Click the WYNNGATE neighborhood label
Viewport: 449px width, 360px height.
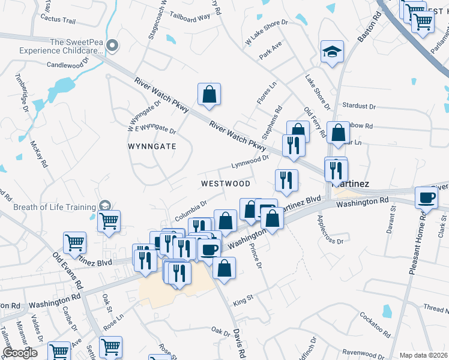click(x=152, y=146)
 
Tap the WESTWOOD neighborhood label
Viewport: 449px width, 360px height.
click(x=225, y=183)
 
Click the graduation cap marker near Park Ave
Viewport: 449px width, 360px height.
click(x=331, y=52)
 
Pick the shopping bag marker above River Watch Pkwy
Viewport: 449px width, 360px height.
click(x=209, y=94)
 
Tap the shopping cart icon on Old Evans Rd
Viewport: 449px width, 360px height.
click(x=74, y=243)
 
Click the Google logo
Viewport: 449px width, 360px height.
click(x=20, y=352)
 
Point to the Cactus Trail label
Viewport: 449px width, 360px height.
click(x=58, y=20)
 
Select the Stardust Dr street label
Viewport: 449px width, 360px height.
click(x=358, y=106)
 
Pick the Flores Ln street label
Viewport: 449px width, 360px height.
click(x=267, y=94)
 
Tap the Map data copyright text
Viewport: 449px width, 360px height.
click(x=423, y=355)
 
